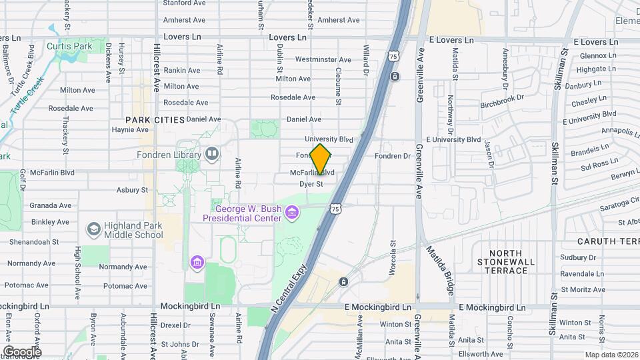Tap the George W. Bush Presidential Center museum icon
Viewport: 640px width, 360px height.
point(291,213)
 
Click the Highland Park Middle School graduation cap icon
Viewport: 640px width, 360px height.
point(93,229)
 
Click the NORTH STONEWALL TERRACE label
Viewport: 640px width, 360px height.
point(513,261)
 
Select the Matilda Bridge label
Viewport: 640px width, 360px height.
point(441,270)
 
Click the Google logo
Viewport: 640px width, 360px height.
point(22,351)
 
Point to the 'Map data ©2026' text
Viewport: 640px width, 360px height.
point(611,355)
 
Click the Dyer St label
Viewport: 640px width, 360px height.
point(311,183)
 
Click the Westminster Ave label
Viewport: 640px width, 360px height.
point(303,59)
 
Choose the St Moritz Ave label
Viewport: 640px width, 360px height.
point(583,289)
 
